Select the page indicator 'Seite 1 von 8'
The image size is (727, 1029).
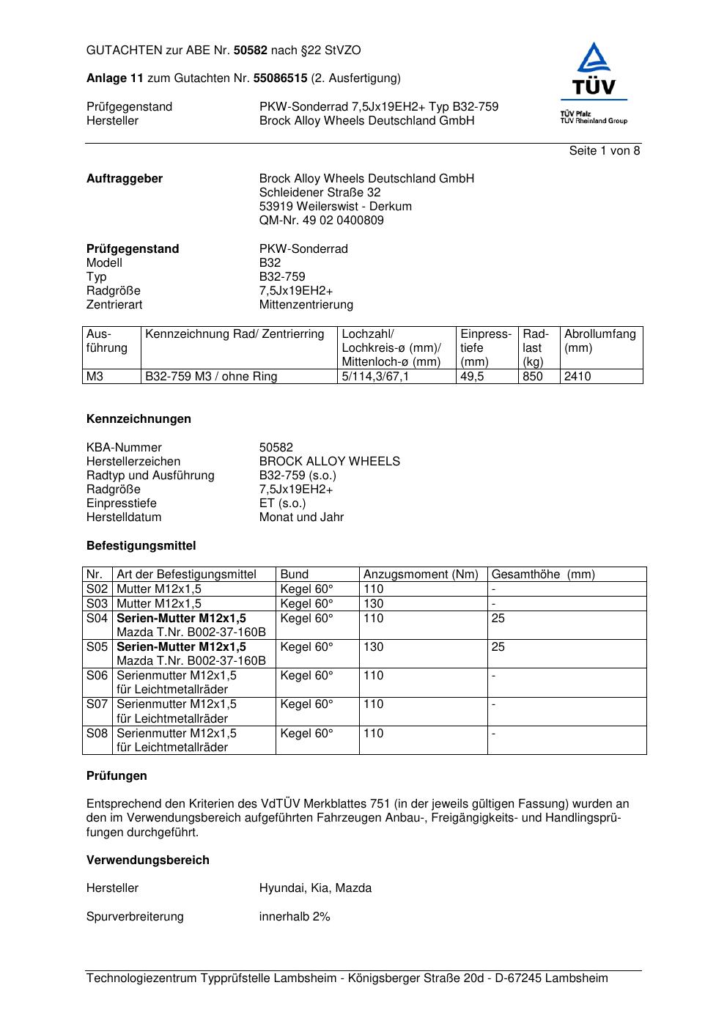tap(604, 151)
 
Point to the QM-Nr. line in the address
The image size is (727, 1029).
tap(321, 221)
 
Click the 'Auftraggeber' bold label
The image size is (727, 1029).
tap(125, 179)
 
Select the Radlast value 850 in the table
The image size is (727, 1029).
tap(533, 377)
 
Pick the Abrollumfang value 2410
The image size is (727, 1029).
tap(577, 377)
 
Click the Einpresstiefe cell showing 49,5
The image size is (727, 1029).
tap(472, 377)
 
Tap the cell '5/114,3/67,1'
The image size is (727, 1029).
tap(375, 377)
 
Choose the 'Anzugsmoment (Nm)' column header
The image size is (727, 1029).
tap(421, 575)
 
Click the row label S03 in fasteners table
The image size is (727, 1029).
tap(97, 604)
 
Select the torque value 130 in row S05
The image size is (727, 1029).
tap(374, 647)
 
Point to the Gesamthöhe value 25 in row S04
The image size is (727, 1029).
tap(498, 619)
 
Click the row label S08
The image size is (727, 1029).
tap(97, 734)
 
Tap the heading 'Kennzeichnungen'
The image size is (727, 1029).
tap(139, 419)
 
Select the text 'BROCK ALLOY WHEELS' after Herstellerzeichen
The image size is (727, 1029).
tap(330, 462)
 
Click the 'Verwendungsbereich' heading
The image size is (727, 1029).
tap(148, 860)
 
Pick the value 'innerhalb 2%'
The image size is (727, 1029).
tap(295, 917)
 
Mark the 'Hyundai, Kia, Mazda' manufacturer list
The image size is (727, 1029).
tap(315, 888)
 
